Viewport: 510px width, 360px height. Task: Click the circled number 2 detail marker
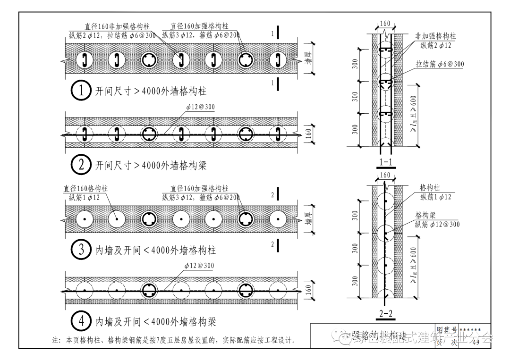(x=81, y=165)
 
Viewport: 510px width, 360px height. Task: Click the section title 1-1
(x=386, y=163)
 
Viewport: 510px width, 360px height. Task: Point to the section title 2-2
(x=386, y=313)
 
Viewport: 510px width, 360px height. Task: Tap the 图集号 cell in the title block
(x=447, y=329)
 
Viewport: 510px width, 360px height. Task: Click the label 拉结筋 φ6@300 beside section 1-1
(x=439, y=64)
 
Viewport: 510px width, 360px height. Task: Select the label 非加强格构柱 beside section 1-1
(x=435, y=36)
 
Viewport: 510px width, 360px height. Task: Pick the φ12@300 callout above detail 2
(x=200, y=107)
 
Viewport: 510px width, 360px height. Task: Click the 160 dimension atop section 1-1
(x=385, y=24)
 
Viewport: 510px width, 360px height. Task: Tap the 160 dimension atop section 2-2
(x=385, y=176)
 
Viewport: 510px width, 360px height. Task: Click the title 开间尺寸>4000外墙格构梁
(x=151, y=166)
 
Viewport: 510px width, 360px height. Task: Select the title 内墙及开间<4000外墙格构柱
(x=156, y=250)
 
